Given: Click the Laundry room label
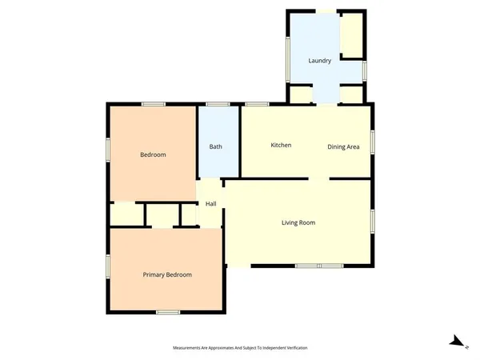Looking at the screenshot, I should [320, 61].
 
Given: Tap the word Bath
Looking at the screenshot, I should [216, 146].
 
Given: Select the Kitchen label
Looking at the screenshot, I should [281, 145].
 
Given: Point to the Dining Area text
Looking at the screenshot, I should [343, 147].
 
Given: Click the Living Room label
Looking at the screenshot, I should [298, 222].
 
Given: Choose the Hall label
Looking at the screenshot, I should [211, 204].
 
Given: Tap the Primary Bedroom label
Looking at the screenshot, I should [167, 275].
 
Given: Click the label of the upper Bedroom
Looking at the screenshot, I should [153, 154].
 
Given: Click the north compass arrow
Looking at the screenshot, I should [457, 342].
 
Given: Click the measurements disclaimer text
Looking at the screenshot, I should [240, 348].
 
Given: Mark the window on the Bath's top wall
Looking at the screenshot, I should [218, 104].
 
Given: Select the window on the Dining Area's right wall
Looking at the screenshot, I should [372, 142].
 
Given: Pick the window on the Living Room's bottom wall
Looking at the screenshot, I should [319, 266].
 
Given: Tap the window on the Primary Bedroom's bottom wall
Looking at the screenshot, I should [167, 312].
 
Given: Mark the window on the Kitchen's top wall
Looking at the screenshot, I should [256, 104].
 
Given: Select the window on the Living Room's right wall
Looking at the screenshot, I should [372, 221].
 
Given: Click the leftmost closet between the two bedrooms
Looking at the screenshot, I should [126, 214].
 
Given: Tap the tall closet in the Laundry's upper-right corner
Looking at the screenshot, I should [351, 34].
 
